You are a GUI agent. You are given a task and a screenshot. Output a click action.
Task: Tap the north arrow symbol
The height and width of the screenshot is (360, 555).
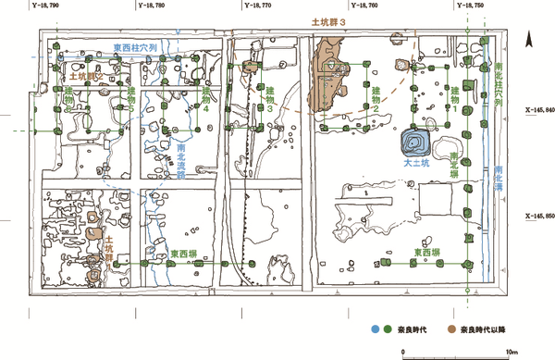526,40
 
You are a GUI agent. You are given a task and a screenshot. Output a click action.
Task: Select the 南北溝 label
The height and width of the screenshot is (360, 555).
499,176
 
